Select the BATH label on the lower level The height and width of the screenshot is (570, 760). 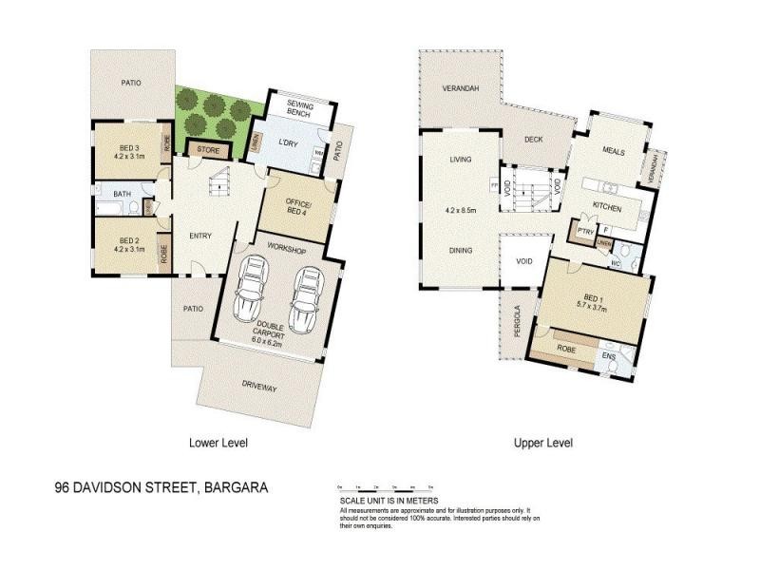[x=123, y=195]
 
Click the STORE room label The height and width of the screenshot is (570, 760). [x=208, y=150]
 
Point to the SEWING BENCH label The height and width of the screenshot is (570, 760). [x=305, y=107]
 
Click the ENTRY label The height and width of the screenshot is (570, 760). [x=200, y=237]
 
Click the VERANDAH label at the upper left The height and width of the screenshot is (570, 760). [x=460, y=89]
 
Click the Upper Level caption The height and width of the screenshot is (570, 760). [x=542, y=443]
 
